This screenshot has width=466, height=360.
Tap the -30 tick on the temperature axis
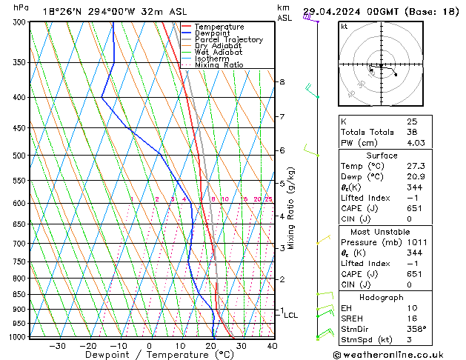(57, 346)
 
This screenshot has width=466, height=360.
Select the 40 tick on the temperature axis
(272, 346)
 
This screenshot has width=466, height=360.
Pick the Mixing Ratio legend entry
(219, 65)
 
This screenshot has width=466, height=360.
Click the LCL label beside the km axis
(291, 315)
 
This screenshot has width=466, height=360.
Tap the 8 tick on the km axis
(282, 81)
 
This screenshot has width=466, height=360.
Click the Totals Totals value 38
(412, 132)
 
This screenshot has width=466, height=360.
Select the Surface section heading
(382, 156)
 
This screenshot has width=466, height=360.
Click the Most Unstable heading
(382, 231)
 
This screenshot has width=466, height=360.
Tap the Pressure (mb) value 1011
(416, 242)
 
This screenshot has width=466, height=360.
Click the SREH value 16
(412, 318)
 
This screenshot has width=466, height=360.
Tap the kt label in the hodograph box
(344, 27)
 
